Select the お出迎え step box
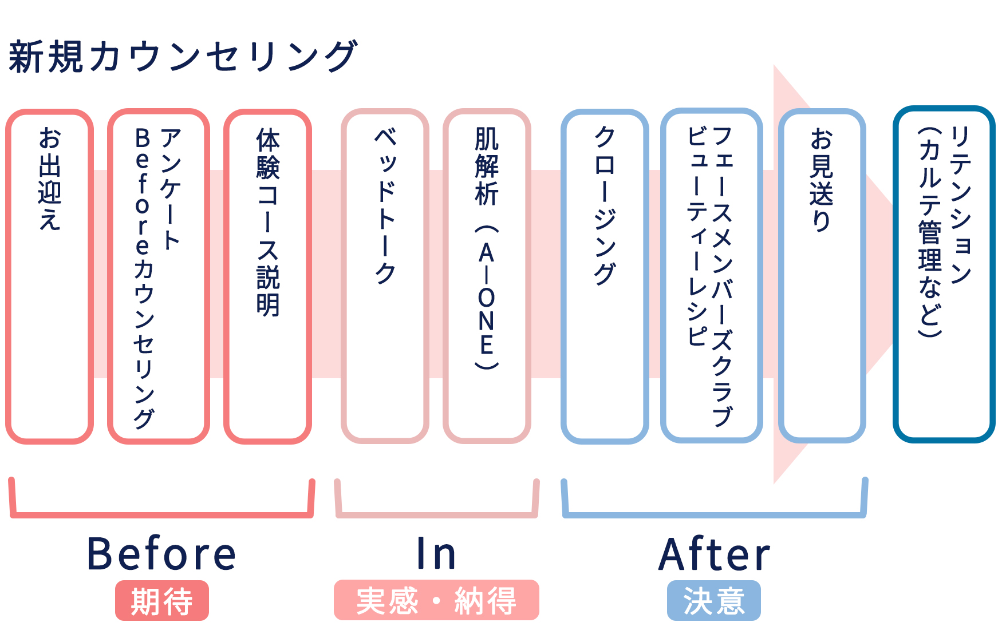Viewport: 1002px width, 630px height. pyautogui.click(x=49, y=276)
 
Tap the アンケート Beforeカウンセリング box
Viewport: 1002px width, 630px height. pyautogui.click(x=158, y=276)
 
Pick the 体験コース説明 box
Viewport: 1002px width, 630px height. pyautogui.click(x=267, y=276)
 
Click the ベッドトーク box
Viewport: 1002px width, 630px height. pyautogui.click(x=385, y=276)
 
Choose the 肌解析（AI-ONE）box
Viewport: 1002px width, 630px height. pyautogui.click(x=487, y=276)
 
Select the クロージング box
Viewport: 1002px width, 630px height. pyautogui.click(x=605, y=276)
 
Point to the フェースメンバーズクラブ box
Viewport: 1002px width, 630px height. pyautogui.click(x=711, y=276)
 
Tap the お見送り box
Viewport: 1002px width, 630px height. pyautogui.click(x=822, y=276)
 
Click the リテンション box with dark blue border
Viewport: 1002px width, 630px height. pyautogui.click(x=944, y=274)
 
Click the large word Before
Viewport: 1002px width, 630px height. pyautogui.click(x=161, y=554)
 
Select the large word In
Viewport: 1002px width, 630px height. pyautogui.click(x=436, y=554)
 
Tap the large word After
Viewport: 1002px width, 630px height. pyautogui.click(x=715, y=554)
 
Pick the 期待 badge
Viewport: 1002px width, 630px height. pyautogui.click(x=162, y=601)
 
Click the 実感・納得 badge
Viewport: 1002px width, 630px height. pyautogui.click(x=436, y=600)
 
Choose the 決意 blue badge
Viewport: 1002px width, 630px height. pyautogui.click(x=714, y=601)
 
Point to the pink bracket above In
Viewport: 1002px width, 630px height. pyautogui.click(x=436, y=514)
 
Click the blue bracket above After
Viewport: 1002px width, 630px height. pyautogui.click(x=715, y=514)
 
